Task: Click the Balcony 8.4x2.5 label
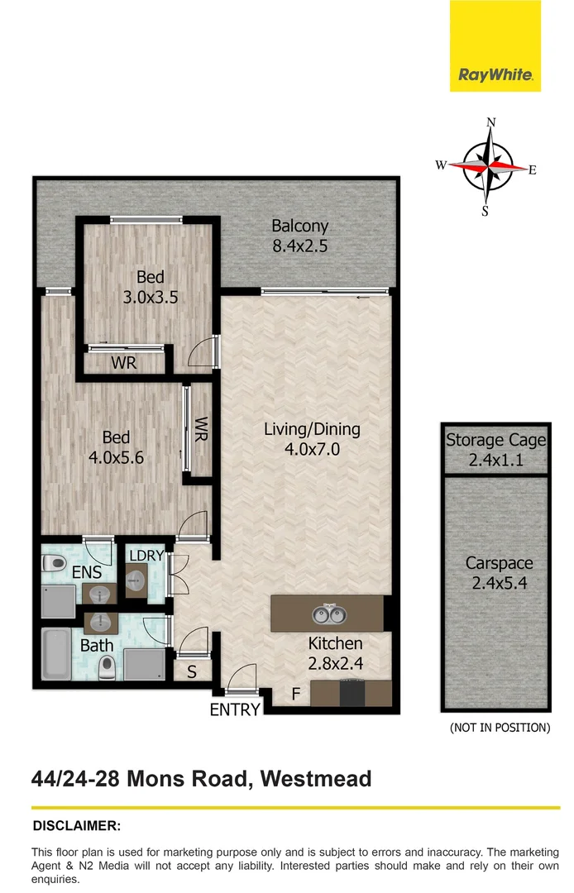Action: click(300, 235)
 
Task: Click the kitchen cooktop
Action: click(352, 693)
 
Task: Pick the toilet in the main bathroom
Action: click(106, 666)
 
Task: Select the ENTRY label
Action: click(236, 709)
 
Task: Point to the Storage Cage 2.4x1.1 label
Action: click(495, 448)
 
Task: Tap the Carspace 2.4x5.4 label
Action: click(498, 572)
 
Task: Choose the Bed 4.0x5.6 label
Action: click(116, 446)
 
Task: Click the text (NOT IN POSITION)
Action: click(500, 728)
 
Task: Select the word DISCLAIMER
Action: click(76, 825)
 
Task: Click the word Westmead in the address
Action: click(316, 779)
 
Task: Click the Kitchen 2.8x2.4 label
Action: click(335, 652)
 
